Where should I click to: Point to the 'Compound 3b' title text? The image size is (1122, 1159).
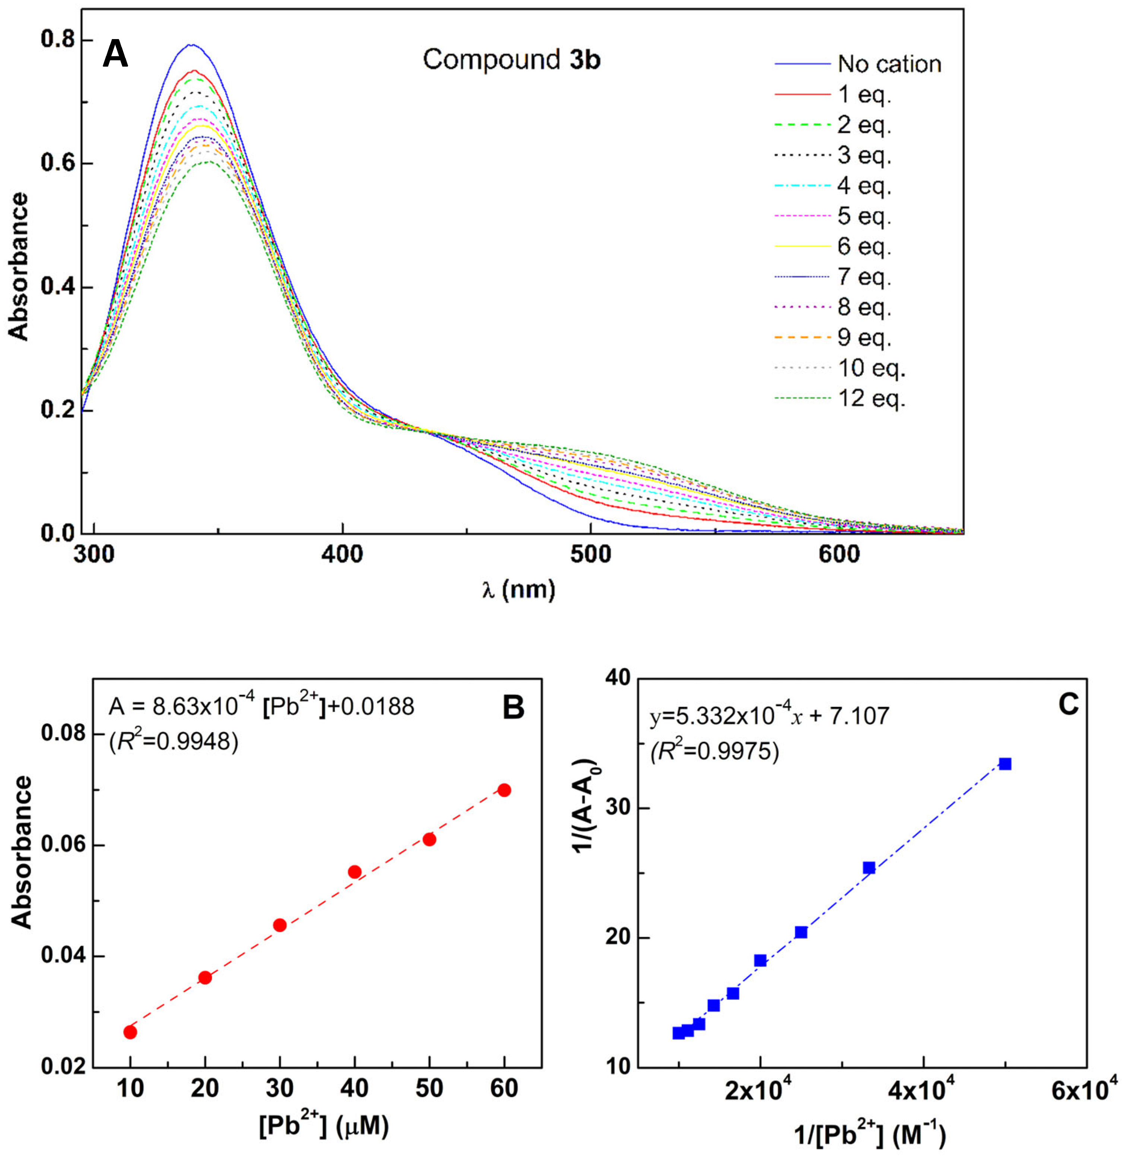pos(511,60)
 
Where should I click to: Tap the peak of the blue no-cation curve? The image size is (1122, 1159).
pos(191,44)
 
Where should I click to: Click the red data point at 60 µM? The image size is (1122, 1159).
pos(504,790)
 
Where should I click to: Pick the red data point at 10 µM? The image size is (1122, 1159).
pos(130,1032)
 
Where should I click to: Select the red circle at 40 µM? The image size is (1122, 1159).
pos(354,872)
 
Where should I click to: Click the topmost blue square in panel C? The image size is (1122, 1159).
pos(1005,764)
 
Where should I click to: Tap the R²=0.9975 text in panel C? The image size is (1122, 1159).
pos(714,751)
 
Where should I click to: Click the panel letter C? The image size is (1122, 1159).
pos(1068,705)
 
